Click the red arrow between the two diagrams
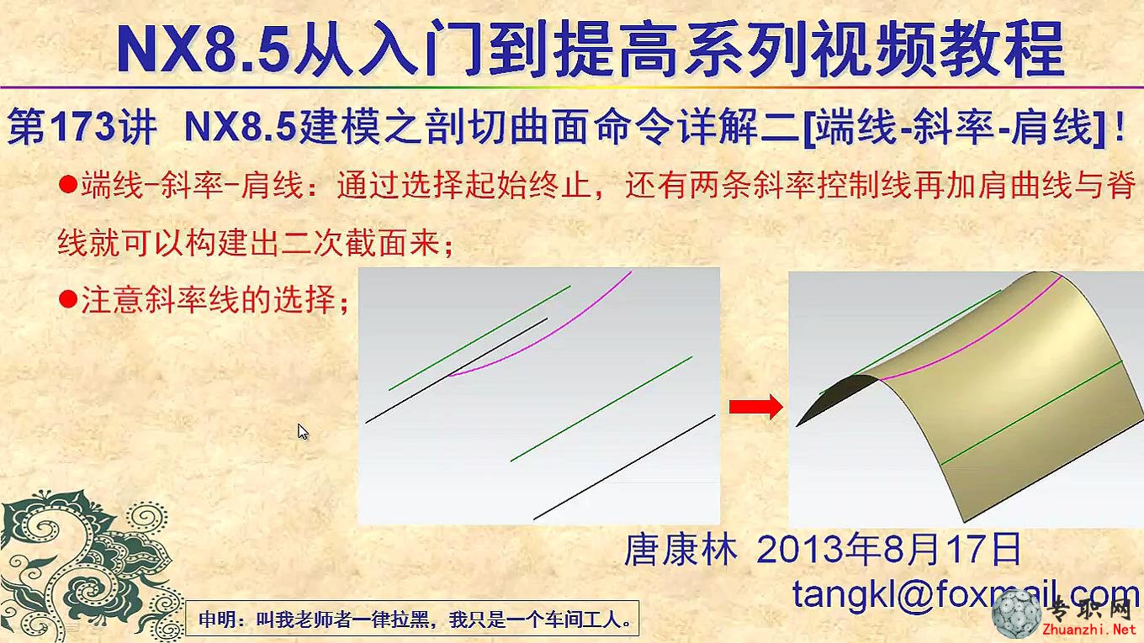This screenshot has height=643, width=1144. pos(756,407)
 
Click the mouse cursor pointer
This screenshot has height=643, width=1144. pos(303,432)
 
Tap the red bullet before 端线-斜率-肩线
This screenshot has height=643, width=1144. pos(68,184)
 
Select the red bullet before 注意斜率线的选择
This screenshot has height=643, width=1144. pos(68,299)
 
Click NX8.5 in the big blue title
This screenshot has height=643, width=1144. pos(204,47)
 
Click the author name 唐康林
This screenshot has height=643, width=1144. pos(681,550)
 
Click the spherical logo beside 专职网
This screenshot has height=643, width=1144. pos(1017,615)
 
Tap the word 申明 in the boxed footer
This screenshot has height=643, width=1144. pos(214,619)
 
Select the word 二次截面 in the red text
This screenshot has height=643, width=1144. pos(345,242)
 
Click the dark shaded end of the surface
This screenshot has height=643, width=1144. pos(838,398)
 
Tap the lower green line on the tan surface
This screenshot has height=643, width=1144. pos(1031,413)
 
